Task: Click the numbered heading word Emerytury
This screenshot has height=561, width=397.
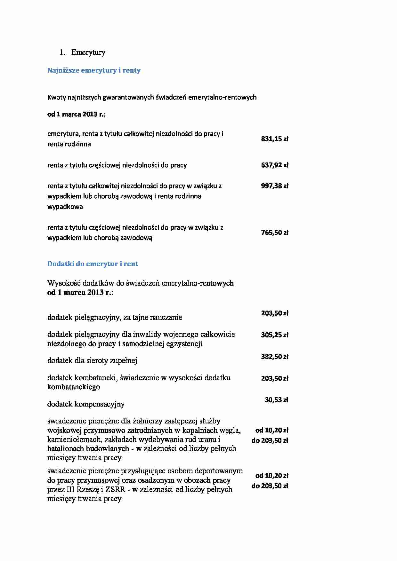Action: (88, 52)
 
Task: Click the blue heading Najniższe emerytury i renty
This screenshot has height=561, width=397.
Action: (94, 70)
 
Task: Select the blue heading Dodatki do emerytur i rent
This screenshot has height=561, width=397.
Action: (93, 264)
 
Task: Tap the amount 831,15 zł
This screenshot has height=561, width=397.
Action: (274, 139)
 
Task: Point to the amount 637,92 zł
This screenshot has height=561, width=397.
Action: (274, 165)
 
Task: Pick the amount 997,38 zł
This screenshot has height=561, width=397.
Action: (274, 186)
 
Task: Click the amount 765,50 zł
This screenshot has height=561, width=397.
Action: (274, 233)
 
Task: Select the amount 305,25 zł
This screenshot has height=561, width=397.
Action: (274, 335)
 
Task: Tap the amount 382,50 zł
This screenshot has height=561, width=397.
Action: (274, 357)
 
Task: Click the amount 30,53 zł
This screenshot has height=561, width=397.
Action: (276, 400)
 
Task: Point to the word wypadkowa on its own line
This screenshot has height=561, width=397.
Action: (65, 207)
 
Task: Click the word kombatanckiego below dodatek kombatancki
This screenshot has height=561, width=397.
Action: (74, 387)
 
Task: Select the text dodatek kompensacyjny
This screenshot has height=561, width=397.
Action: (86, 404)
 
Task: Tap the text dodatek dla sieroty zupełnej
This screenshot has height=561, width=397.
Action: (92, 361)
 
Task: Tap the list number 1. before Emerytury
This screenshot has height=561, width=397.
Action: (62, 52)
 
